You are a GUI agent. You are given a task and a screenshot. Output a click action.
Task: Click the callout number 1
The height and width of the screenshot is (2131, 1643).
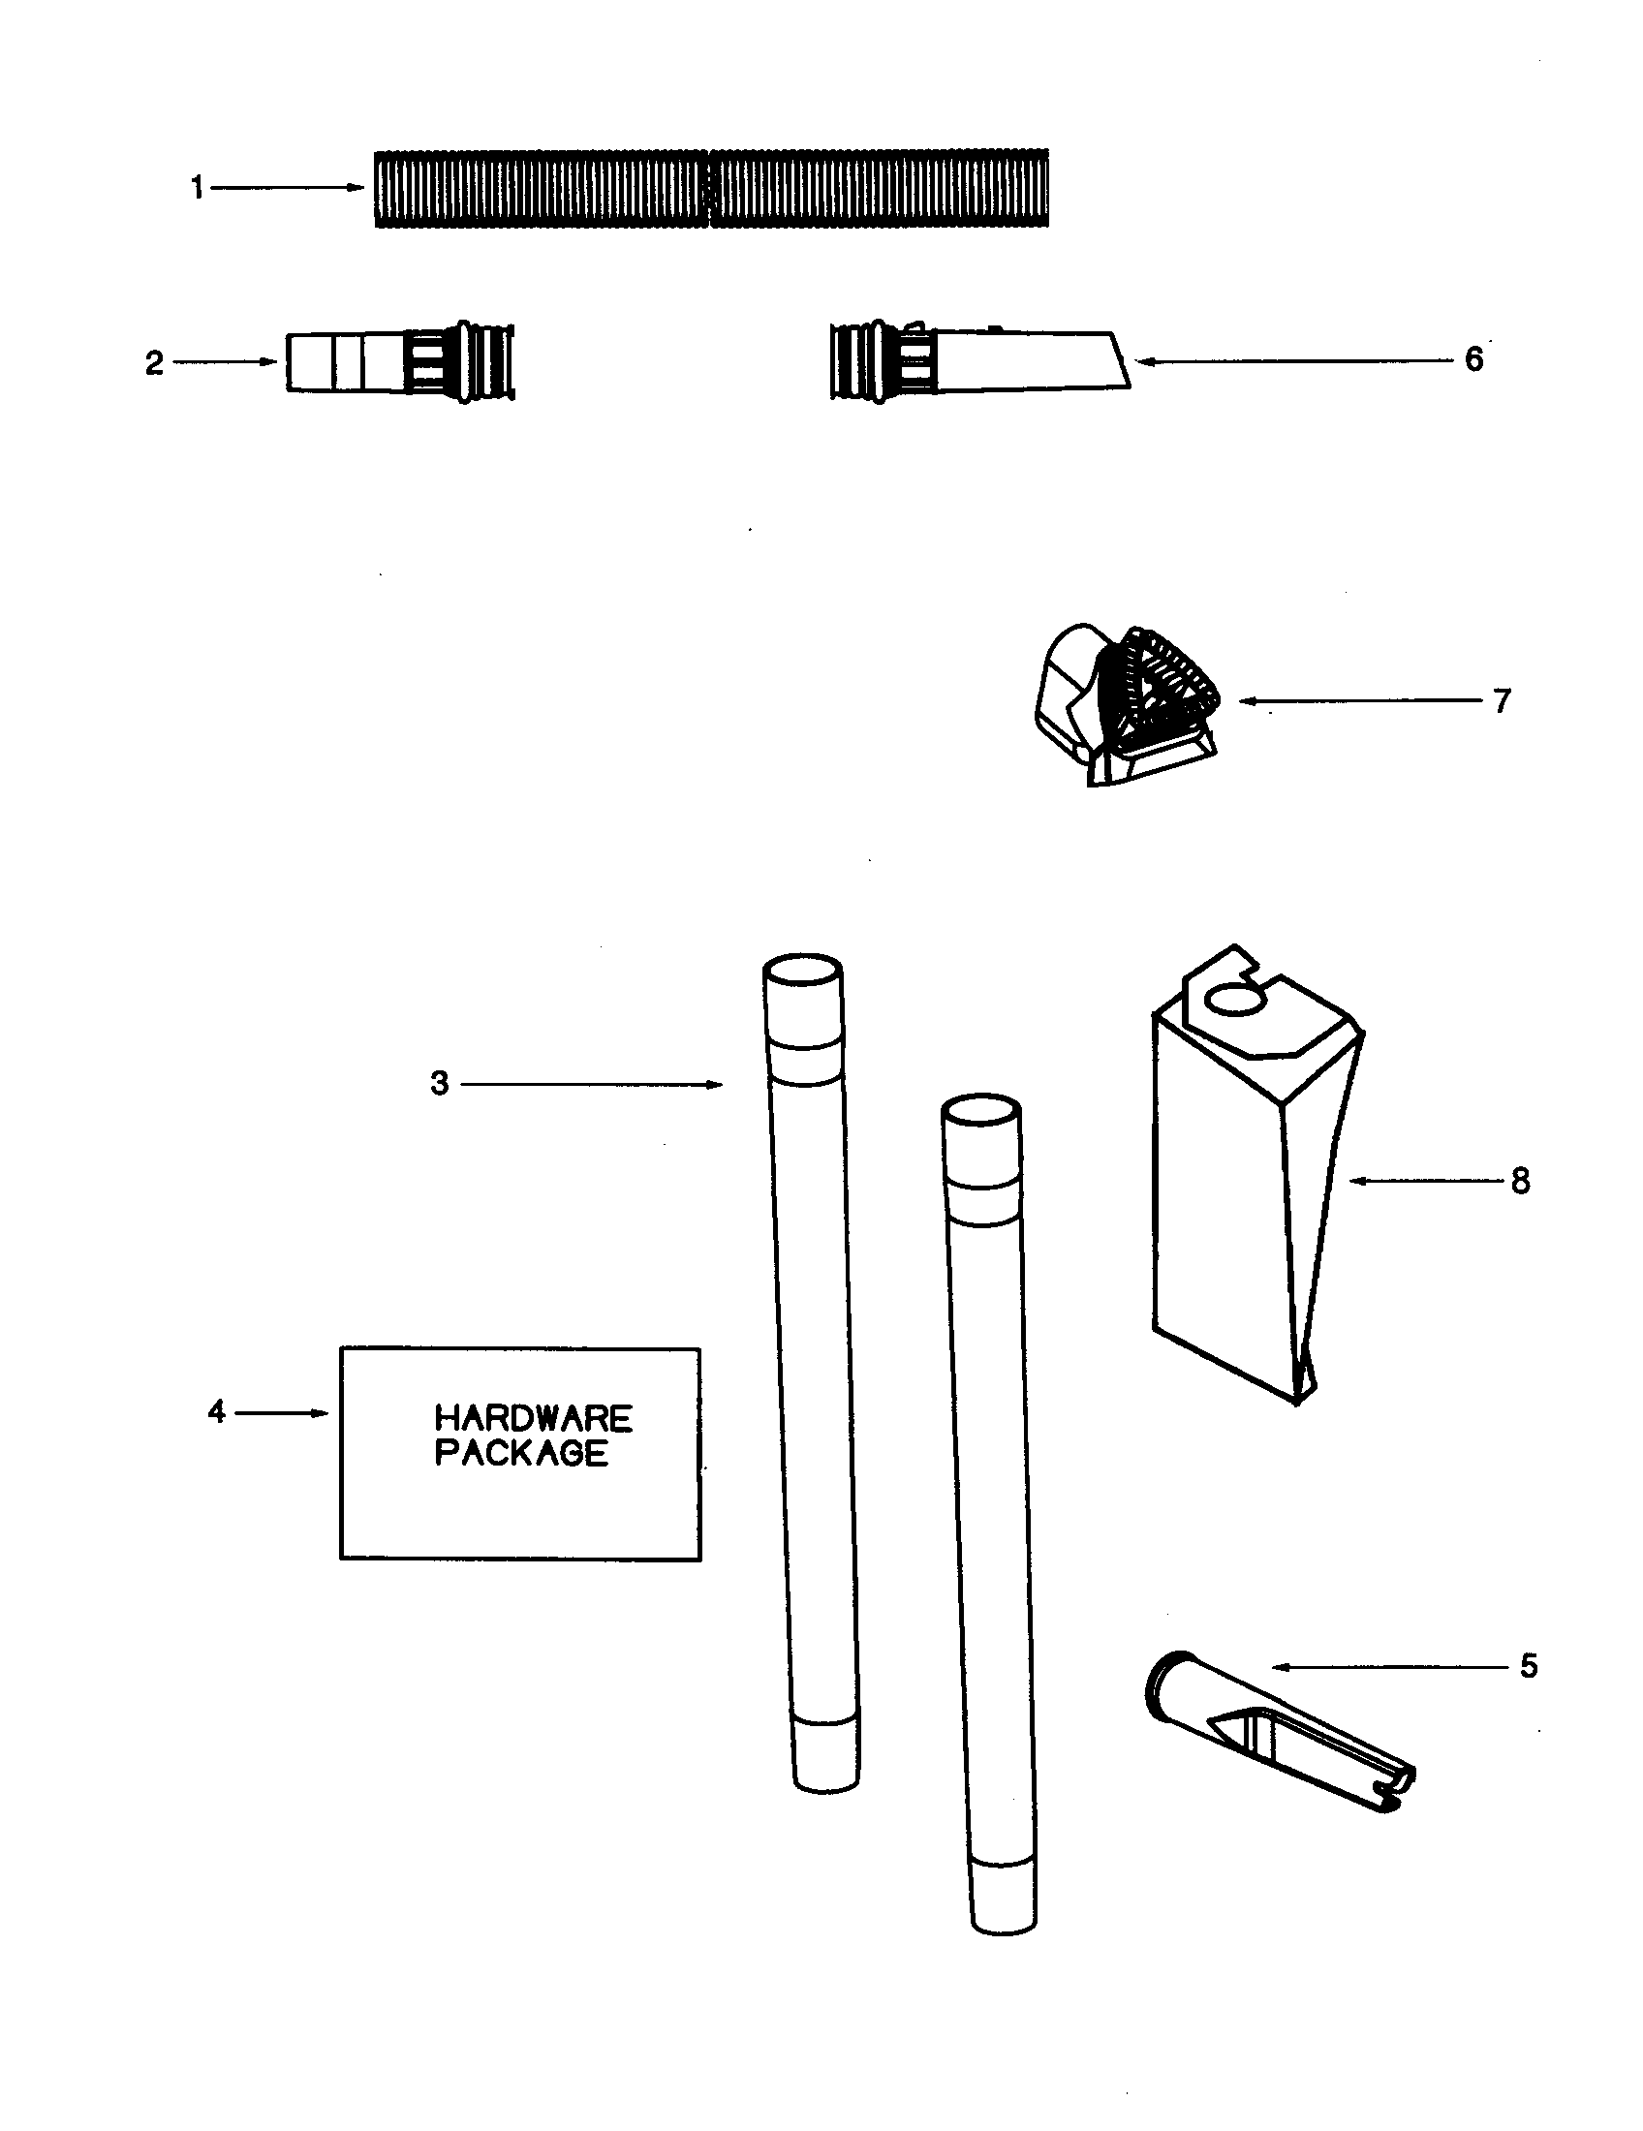197,187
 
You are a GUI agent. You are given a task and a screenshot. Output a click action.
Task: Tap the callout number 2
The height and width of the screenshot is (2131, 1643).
154,364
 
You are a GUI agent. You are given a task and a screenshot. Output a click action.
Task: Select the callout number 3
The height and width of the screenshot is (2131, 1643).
440,1083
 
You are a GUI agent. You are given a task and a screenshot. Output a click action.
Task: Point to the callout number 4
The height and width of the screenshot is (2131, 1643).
217,1412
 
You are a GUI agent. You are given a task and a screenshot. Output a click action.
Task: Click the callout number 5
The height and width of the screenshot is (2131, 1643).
1528,1666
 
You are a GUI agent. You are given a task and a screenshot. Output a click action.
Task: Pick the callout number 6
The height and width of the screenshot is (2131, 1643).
1473,360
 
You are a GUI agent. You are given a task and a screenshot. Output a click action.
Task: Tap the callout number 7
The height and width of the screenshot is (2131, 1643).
1502,700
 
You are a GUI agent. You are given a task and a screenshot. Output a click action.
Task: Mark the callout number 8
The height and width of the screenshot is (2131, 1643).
1520,1182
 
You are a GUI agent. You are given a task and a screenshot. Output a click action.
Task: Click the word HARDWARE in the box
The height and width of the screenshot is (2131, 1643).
533,1418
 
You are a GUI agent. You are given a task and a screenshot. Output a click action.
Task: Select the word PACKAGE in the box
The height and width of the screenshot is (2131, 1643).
521,1453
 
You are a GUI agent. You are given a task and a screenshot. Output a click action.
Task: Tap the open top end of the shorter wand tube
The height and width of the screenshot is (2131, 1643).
981,1112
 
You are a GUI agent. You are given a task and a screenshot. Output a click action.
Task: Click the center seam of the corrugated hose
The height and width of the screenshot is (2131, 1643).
709,188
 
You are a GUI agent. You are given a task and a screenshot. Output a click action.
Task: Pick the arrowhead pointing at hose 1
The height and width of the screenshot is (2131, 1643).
357,187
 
